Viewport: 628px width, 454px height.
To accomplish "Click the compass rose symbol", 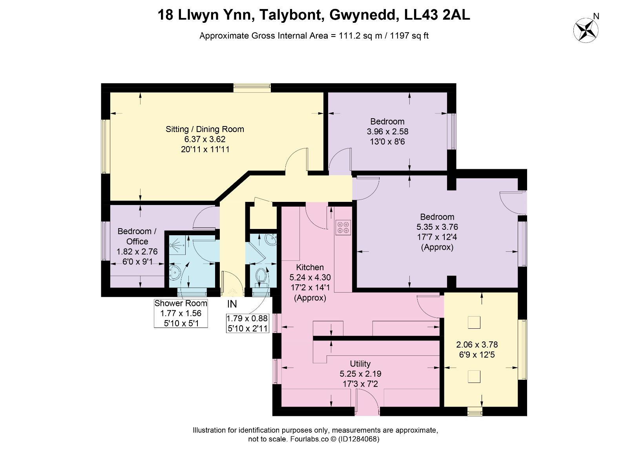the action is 586,30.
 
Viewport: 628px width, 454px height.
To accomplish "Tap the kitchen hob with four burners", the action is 343,227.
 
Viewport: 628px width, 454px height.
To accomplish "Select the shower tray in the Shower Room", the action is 177,245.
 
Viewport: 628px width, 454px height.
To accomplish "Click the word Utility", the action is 360,364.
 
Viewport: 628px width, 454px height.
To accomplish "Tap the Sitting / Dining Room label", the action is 205,129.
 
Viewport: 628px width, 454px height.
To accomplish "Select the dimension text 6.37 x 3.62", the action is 205,139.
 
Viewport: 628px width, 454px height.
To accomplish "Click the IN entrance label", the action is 232,304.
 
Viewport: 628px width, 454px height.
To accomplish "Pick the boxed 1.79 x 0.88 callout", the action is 248,323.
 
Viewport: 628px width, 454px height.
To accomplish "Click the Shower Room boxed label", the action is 181,313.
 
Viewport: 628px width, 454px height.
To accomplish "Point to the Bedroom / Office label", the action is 137,236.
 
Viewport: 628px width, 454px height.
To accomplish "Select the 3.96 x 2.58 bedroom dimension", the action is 387,131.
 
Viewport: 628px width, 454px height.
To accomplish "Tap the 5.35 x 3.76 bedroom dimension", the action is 437,227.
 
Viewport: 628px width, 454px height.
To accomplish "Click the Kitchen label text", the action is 310,267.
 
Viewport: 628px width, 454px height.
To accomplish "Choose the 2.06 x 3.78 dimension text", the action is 477,344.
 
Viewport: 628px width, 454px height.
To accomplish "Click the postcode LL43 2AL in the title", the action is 437,15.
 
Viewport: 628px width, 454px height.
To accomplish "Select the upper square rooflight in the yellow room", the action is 474,322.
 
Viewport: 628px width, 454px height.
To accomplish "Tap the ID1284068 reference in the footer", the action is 359,439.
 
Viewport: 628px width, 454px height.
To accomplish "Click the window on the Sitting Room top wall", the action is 252,88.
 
